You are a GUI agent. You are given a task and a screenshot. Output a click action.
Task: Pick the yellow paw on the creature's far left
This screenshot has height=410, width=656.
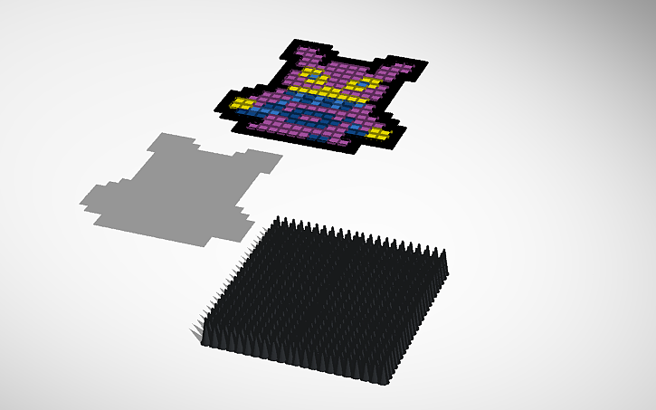[x=242, y=103]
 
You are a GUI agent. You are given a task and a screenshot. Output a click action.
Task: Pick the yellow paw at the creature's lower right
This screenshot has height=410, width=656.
[x=380, y=135]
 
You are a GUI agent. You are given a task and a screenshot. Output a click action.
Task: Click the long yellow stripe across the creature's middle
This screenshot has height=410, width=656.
[x=321, y=93]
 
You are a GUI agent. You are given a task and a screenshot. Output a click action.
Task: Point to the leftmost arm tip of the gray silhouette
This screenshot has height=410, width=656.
[x=86, y=199]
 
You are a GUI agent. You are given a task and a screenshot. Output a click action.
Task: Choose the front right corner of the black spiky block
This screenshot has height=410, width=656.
[x=392, y=380]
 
